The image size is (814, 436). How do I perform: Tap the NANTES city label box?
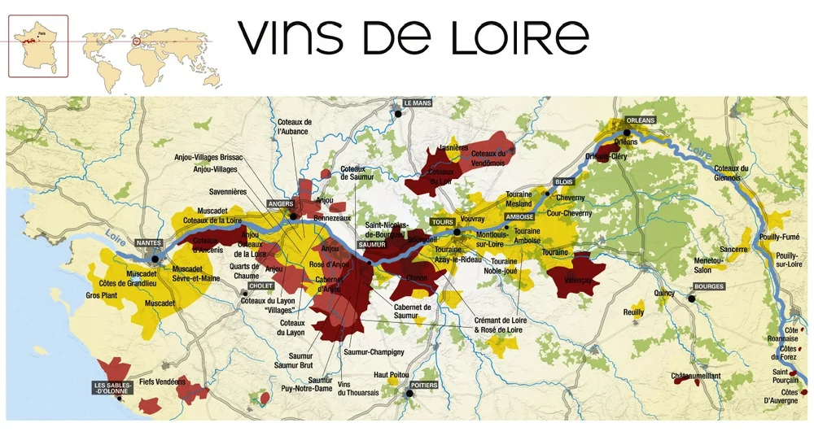(x=149, y=242)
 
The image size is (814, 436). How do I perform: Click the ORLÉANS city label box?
(x=641, y=120)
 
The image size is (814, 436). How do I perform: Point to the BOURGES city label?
(x=709, y=287)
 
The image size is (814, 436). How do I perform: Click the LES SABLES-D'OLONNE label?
(x=112, y=388)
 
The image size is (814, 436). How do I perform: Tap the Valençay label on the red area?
(x=575, y=278)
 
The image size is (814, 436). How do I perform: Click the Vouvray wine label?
(x=471, y=220)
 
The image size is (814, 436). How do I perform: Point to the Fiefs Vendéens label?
(x=163, y=381)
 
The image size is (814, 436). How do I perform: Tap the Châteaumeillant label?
(x=697, y=376)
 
